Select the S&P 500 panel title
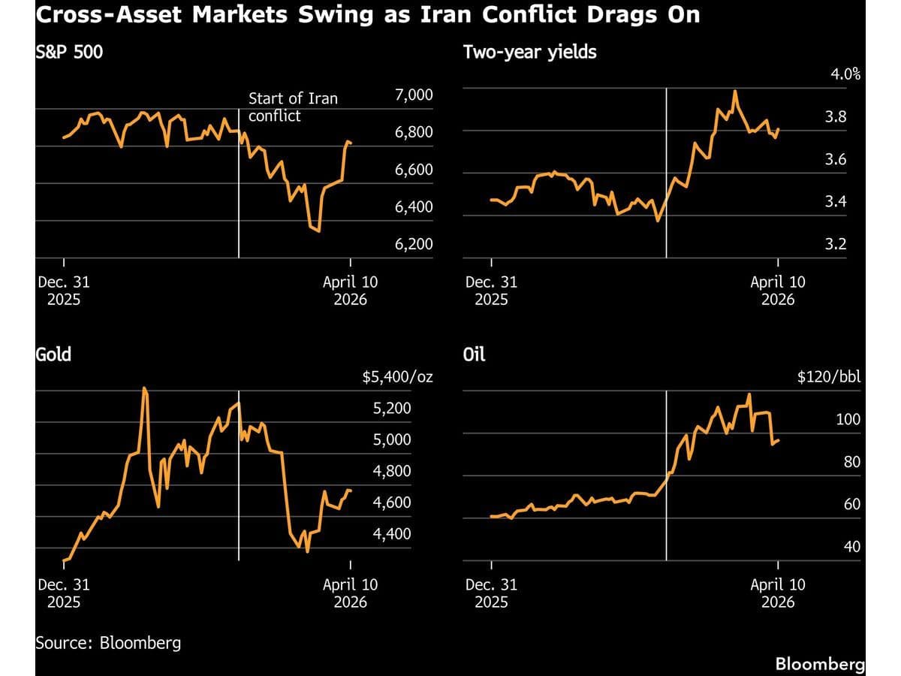click(69, 53)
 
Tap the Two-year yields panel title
click(530, 53)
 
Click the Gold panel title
click(53, 354)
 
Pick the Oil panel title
click(475, 354)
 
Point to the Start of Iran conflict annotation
click(293, 107)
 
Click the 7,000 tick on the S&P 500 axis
click(413, 95)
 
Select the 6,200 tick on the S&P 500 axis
click(413, 244)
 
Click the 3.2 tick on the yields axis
click(851, 244)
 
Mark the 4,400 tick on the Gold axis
click(392, 533)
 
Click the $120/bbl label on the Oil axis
click(829, 376)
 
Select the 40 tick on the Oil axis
click(852, 547)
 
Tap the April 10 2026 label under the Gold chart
click(350, 593)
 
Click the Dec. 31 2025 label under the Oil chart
click(491, 593)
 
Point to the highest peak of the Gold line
click(144, 388)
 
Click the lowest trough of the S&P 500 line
click(319, 231)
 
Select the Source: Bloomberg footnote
click(108, 643)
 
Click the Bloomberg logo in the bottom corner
click(819, 665)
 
